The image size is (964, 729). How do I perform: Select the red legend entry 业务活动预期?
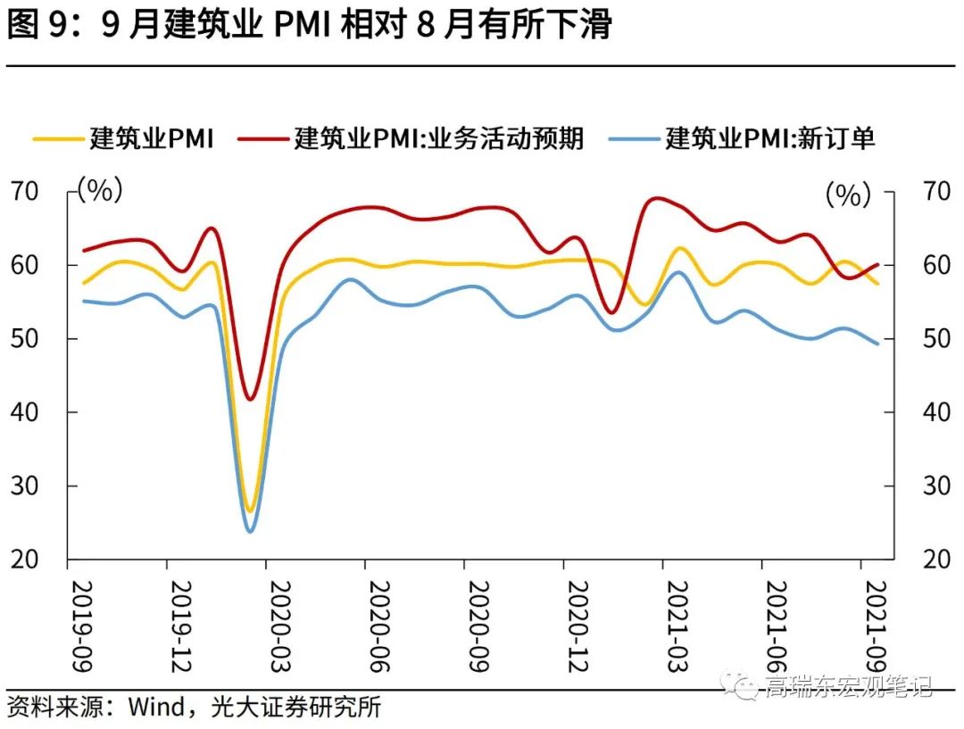coord(438,138)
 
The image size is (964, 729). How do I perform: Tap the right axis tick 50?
coord(936,339)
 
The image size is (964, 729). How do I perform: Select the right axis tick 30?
coord(936,486)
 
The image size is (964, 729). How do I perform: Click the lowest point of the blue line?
coord(250,532)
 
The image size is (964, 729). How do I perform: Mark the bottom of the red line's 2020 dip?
coord(250,399)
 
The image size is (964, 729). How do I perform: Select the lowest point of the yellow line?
coord(250,511)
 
